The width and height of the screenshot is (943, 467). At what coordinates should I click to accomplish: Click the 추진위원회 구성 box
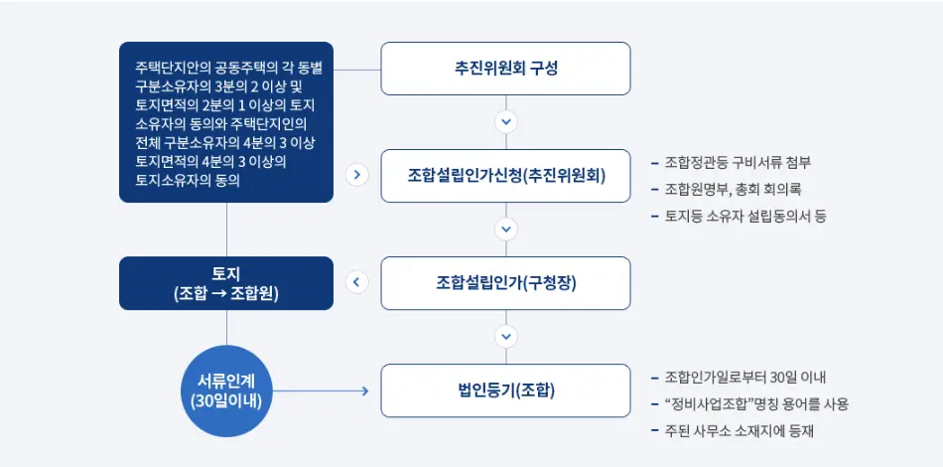[x=506, y=69]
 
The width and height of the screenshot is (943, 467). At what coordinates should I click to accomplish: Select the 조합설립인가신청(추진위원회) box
[x=506, y=176]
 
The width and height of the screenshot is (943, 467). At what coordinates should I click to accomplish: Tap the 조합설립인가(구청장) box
[x=506, y=283]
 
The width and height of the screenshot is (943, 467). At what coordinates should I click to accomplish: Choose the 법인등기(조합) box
[x=506, y=390]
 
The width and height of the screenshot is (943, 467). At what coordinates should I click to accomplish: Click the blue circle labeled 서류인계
[x=227, y=390]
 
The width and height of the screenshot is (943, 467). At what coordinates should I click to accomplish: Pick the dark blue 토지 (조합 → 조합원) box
[x=226, y=283]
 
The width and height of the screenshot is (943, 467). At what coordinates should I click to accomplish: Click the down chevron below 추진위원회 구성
[x=506, y=122]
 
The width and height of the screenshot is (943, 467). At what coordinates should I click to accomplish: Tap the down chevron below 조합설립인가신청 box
[x=506, y=230]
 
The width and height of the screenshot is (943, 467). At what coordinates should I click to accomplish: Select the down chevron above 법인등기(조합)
[x=506, y=337]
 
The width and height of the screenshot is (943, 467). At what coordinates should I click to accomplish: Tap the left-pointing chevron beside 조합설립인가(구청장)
[x=357, y=283]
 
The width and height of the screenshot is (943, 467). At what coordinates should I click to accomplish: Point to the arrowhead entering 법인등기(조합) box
[x=364, y=390]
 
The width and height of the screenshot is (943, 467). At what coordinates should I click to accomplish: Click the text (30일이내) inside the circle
[x=227, y=401]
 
